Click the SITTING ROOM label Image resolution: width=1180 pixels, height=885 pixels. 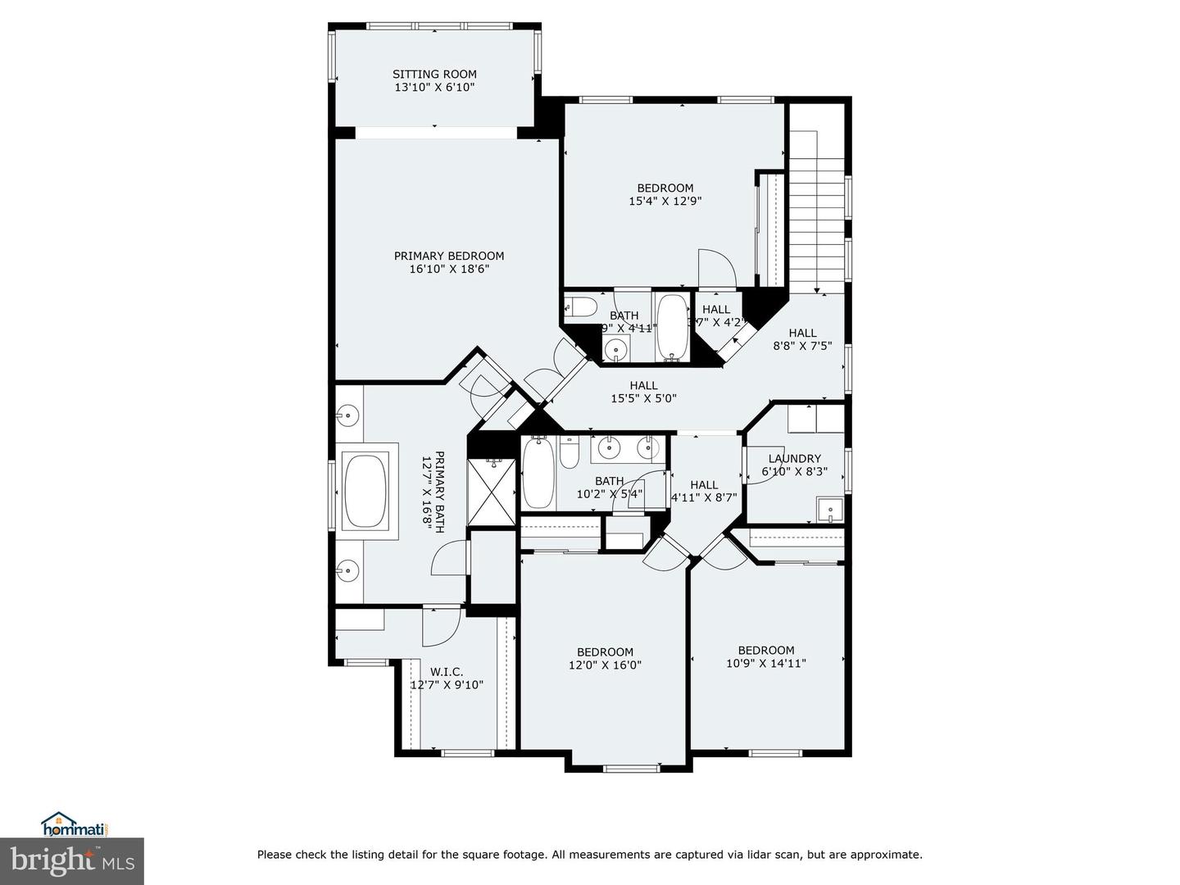point(434,74)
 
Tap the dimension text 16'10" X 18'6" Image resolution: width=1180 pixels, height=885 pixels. point(449,269)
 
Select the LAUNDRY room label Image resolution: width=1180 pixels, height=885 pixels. point(794,459)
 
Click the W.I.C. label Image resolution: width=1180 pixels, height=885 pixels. point(447,672)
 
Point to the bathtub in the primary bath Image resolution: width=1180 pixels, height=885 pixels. point(365,492)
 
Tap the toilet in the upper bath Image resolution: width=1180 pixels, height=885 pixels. point(583,308)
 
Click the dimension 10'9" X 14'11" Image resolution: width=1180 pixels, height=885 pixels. point(766,664)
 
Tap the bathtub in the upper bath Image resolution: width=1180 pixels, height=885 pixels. point(674,327)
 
